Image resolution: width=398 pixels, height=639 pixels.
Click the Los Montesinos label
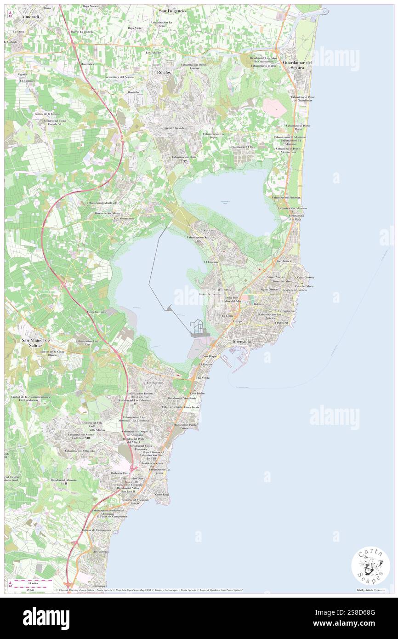124,219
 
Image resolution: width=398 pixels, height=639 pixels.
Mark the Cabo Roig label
162,494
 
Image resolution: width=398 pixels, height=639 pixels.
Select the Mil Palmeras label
101,551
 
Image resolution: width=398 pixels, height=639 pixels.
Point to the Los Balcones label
155,382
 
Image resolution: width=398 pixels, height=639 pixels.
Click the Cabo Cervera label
306,278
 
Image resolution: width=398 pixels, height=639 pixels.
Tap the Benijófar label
133,92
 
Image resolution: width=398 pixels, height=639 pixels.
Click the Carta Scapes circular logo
370,566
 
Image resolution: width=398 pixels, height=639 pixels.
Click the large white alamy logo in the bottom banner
46,618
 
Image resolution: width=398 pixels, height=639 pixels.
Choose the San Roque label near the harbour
209,356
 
